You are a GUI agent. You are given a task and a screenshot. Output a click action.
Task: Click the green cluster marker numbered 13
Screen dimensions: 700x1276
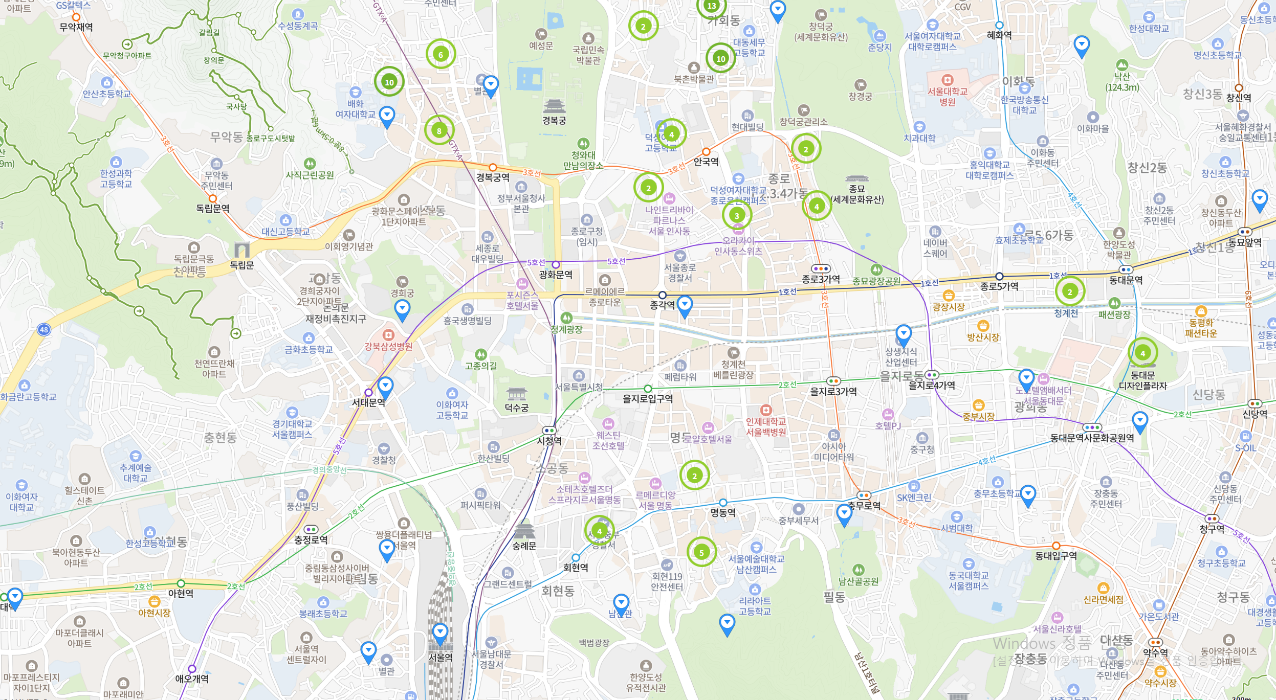[x=711, y=6]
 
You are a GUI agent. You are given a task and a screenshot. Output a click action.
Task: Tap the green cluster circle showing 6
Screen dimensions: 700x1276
[x=441, y=54]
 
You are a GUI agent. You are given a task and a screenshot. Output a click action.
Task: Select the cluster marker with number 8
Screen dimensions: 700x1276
[x=439, y=131]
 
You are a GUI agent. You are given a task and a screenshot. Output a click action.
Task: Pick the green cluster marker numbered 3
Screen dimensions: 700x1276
[x=737, y=215]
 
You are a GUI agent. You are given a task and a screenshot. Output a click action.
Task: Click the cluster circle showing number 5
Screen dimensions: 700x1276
[x=701, y=552]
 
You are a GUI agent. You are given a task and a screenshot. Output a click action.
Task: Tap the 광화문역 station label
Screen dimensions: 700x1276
[x=556, y=275]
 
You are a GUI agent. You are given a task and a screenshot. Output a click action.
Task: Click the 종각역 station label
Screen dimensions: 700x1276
[x=662, y=305]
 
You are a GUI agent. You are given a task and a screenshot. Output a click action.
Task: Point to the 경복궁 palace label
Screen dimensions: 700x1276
[x=554, y=121]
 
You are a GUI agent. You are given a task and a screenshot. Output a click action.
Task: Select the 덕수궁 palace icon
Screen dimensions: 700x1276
[x=516, y=394]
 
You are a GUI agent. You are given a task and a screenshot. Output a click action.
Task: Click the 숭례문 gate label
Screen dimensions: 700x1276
[x=524, y=546]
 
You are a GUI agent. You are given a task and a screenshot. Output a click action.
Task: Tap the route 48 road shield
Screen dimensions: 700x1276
[x=44, y=330]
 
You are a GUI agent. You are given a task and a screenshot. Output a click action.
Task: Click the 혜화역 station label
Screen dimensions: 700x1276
[x=999, y=35]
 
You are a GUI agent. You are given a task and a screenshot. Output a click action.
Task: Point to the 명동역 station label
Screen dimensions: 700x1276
[x=722, y=512]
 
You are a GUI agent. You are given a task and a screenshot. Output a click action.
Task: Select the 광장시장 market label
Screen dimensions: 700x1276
[x=948, y=307]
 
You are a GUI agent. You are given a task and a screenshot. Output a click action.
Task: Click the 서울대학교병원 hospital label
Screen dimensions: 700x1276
[x=948, y=97]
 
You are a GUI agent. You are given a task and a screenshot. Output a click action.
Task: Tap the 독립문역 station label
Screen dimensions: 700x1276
[x=213, y=209]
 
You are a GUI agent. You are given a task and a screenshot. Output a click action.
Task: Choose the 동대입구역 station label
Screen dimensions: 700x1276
[x=1056, y=556]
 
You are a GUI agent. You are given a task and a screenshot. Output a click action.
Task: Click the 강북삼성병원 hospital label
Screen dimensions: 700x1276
[x=388, y=346]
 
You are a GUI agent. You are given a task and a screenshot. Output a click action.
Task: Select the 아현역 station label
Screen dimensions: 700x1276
[x=181, y=594]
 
